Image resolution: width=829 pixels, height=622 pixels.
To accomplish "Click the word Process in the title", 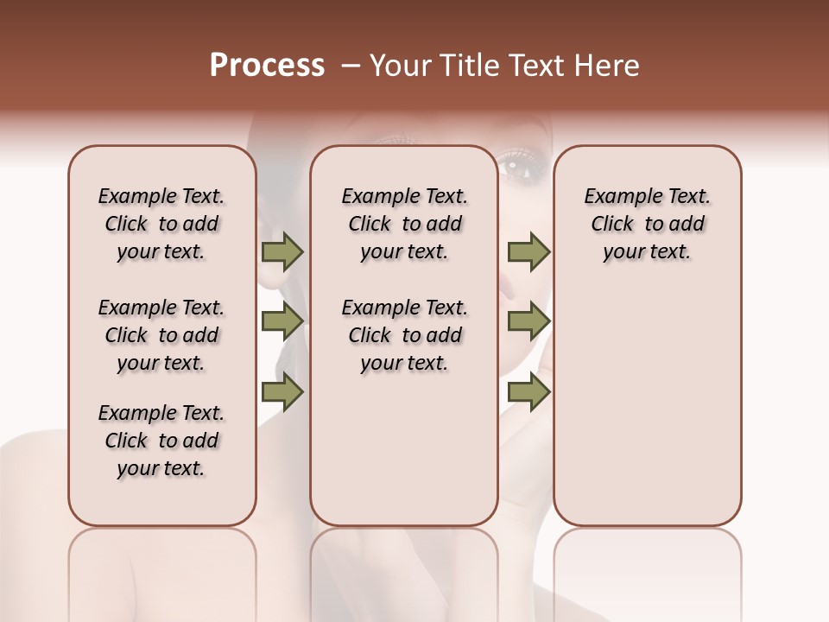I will (267, 66).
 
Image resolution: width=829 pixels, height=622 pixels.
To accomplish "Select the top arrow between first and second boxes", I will (282, 251).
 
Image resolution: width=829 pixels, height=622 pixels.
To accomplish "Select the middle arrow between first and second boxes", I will (282, 322).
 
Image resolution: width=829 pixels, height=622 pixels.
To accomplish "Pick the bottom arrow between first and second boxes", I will (282, 392).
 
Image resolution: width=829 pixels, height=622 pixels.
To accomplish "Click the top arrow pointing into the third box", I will (528, 251).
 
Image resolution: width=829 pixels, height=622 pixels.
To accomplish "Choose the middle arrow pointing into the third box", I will (528, 322).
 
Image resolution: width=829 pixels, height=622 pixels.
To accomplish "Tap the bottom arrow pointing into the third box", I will (528, 392).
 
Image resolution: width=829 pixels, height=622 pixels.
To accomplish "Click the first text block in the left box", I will (161, 224).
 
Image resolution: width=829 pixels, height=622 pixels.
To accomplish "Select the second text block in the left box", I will (161, 335).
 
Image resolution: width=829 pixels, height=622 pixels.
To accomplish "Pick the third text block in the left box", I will (161, 441).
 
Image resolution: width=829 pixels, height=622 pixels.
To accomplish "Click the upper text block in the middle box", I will (404, 224).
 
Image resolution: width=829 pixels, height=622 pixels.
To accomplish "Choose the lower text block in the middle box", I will (404, 335).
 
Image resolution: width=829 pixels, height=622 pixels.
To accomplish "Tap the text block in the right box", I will (647, 224).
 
